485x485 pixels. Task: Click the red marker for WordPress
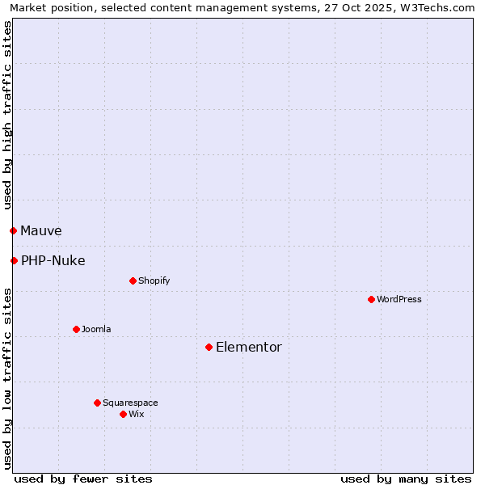(371, 299)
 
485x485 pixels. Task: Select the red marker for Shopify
(133, 280)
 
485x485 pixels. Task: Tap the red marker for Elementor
(209, 347)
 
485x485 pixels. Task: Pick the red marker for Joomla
(76, 329)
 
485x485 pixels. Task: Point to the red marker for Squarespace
(97, 403)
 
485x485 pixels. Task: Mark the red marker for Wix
(123, 414)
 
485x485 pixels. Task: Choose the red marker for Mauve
(13, 230)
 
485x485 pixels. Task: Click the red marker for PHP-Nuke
(14, 260)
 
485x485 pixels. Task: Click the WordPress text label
(399, 299)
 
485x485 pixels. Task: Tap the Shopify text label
(154, 280)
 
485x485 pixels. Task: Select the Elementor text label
(248, 347)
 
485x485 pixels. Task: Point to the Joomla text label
(96, 329)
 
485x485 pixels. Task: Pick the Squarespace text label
(130, 403)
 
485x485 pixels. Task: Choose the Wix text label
(137, 414)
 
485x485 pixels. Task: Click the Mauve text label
(40, 230)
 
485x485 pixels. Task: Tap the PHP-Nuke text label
(53, 260)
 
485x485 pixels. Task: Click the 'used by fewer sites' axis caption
(83, 479)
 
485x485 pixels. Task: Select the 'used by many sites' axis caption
(406, 479)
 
